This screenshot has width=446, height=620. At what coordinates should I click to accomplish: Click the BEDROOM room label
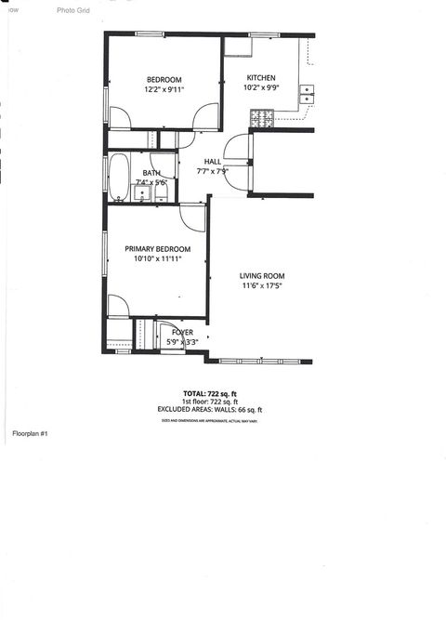164,79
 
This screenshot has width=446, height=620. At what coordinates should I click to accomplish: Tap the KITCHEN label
260,77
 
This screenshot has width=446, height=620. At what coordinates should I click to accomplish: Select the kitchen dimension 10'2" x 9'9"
260,89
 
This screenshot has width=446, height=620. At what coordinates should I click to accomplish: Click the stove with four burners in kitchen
262,118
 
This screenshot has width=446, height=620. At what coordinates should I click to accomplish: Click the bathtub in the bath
119,177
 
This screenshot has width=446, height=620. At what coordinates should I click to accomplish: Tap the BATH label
151,173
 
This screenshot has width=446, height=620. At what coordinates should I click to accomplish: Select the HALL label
213,162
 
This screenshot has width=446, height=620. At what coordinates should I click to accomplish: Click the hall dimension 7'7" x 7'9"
213,172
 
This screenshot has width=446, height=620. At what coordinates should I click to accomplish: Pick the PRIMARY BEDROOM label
158,249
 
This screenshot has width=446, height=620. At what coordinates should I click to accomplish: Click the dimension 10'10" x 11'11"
158,260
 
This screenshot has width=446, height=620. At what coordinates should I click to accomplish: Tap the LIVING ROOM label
262,276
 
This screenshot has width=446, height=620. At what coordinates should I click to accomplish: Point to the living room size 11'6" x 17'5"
262,287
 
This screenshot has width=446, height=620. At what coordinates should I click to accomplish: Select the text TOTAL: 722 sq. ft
209,392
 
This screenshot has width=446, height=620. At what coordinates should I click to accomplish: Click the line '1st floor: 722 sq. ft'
209,401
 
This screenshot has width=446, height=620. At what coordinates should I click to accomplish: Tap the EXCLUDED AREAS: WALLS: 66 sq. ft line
209,409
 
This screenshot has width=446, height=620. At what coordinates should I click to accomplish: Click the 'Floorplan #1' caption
30,434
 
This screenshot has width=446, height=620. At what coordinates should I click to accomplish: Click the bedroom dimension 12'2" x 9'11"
164,90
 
